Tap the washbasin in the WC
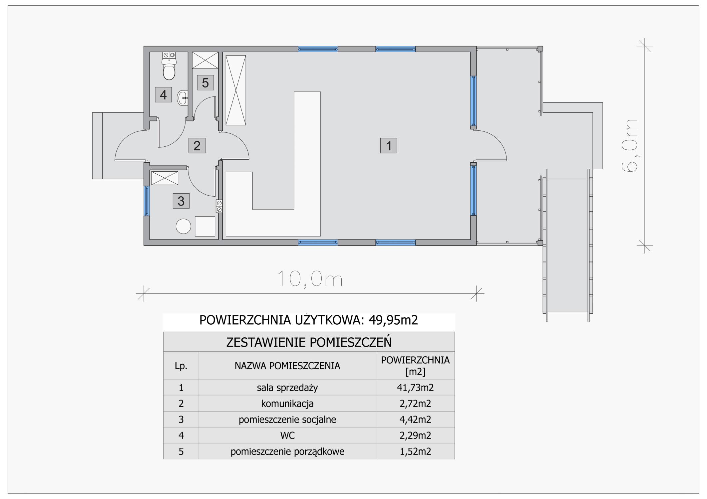coord(182,98)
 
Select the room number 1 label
coord(389,146)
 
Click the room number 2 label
coord(197,145)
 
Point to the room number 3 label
coord(181,201)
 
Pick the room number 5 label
coord(205,83)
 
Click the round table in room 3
coord(183,227)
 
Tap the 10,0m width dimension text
coord(310,279)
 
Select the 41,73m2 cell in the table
coord(415,387)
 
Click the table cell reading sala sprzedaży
coord(287,388)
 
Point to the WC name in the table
coord(288,435)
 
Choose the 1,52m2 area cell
coord(415,451)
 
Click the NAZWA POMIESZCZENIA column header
coord(287,366)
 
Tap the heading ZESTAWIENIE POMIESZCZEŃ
coord(309,342)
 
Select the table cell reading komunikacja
coord(287,404)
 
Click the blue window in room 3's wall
coord(147,201)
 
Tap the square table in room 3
coord(205,226)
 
